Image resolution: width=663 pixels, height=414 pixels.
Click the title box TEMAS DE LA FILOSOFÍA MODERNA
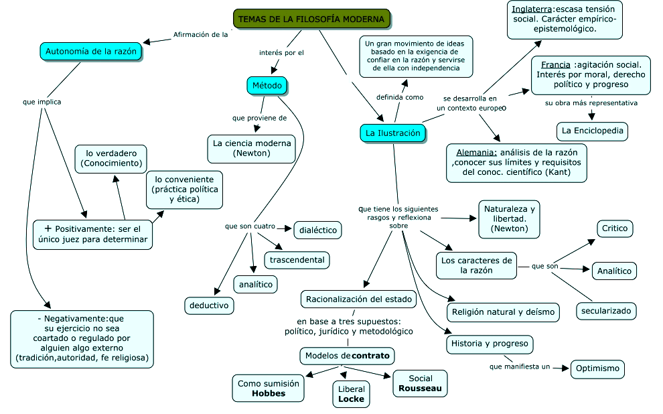click(311, 19)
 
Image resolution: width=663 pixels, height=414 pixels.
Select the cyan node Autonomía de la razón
click(90, 51)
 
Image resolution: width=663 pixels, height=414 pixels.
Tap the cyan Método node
click(267, 85)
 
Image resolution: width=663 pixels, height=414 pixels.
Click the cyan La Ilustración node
click(393, 133)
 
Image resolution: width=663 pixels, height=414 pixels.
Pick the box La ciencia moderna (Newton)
click(251, 148)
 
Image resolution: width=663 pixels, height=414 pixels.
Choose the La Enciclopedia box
click(592, 131)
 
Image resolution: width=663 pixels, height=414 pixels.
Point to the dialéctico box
click(317, 230)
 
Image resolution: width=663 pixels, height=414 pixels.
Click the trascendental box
click(297, 259)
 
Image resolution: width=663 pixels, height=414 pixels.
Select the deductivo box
click(209, 305)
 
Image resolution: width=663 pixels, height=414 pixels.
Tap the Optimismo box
click(597, 369)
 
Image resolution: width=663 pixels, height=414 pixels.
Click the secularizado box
click(606, 311)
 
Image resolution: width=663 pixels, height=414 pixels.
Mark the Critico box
click(615, 228)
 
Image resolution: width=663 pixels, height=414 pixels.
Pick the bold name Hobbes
click(269, 393)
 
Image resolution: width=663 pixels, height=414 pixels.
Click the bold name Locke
click(351, 399)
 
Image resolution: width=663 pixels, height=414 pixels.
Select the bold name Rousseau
click(420, 388)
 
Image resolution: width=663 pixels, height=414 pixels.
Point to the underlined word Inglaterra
click(532, 9)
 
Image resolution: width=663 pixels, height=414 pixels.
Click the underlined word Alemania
click(477, 152)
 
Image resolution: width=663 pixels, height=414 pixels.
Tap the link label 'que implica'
click(42, 102)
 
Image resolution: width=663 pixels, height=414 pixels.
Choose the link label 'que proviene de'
click(259, 118)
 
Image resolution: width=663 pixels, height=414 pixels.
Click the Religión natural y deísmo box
click(503, 312)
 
